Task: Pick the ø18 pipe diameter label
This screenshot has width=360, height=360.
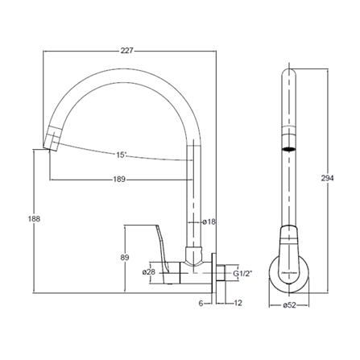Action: [x=208, y=221]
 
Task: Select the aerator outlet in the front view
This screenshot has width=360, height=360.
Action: [x=288, y=150]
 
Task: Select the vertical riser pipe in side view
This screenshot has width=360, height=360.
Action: [x=194, y=193]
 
